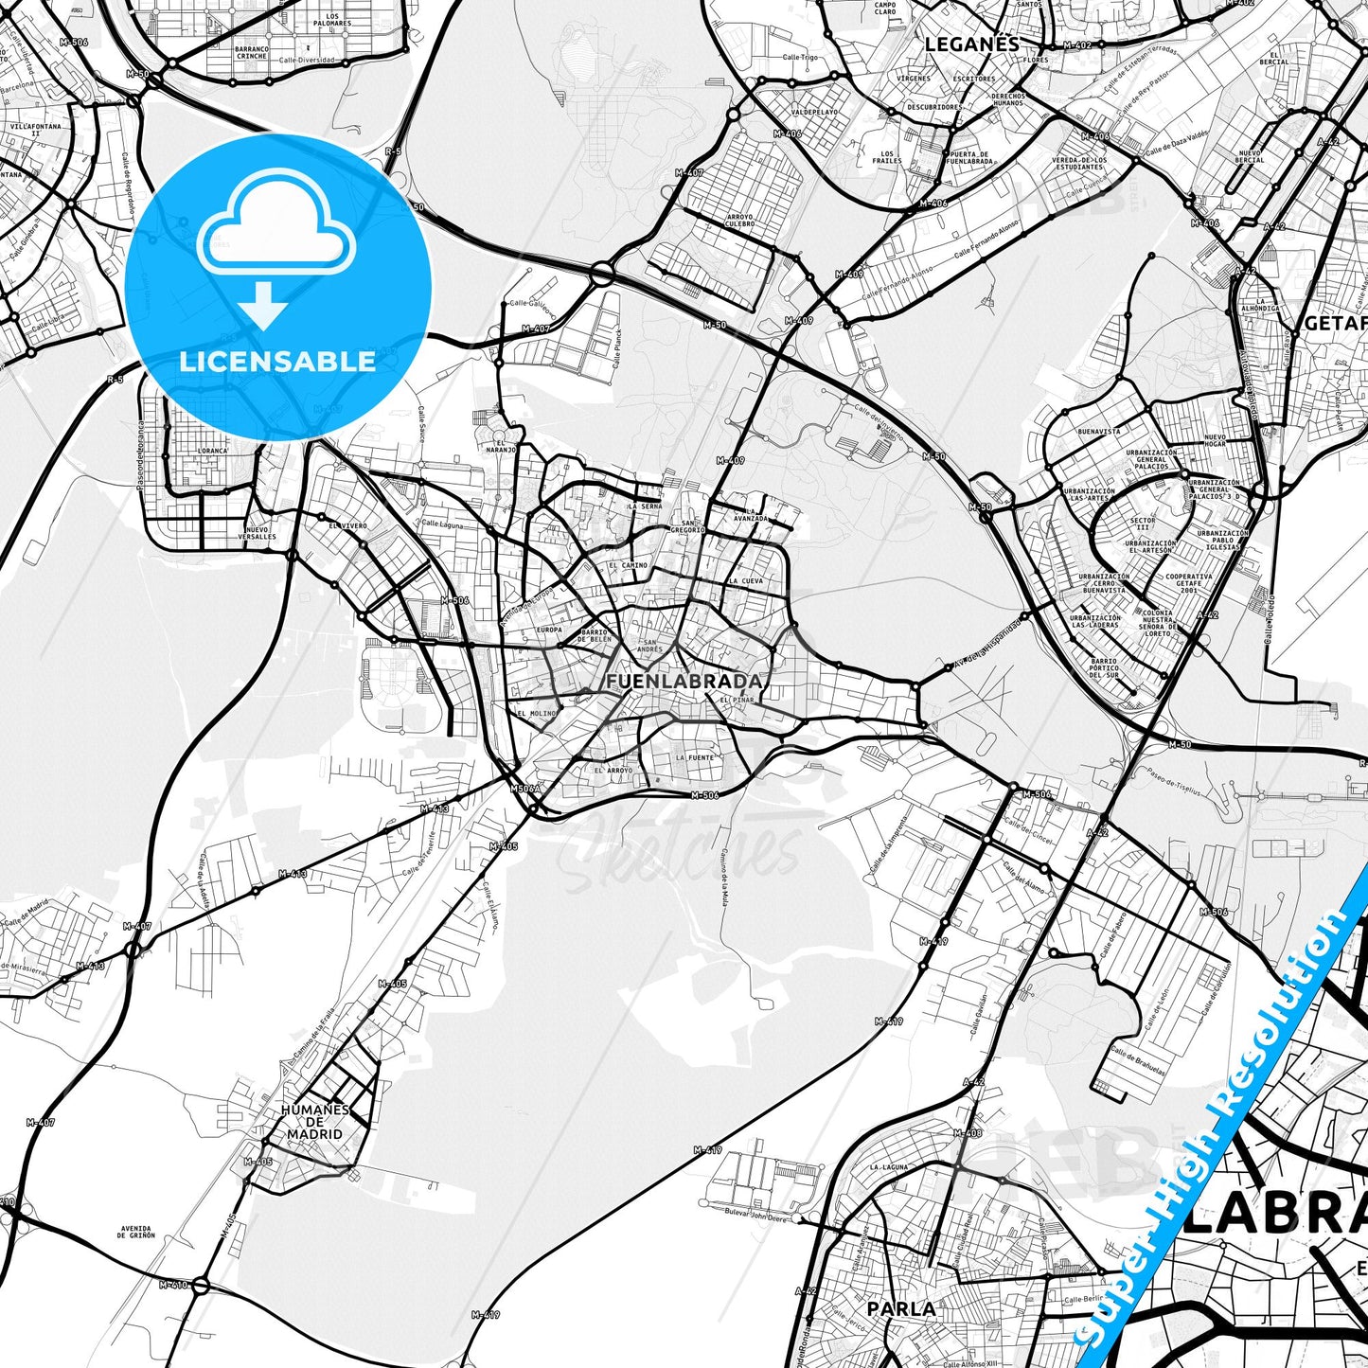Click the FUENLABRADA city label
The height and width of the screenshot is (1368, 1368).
click(684, 682)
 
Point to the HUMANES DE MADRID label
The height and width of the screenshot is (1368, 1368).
click(315, 1122)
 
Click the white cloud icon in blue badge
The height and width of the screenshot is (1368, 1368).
click(276, 227)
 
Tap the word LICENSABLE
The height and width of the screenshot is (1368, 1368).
click(277, 361)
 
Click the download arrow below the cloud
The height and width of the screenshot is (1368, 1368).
click(264, 309)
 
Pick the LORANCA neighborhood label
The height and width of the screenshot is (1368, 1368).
click(212, 452)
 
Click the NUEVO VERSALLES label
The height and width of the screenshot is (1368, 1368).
click(258, 533)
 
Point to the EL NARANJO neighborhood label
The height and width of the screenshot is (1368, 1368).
click(502, 447)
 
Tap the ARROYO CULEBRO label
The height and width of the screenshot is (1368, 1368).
click(740, 221)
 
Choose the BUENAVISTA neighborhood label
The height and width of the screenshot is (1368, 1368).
click(1098, 431)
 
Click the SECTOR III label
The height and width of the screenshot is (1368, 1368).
click(1143, 524)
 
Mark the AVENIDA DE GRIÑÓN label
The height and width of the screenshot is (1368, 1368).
click(136, 1233)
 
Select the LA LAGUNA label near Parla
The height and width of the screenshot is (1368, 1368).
click(889, 1167)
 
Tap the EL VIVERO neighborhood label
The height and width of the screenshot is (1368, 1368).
click(347, 525)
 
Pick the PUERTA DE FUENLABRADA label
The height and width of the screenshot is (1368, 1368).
click(969, 157)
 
